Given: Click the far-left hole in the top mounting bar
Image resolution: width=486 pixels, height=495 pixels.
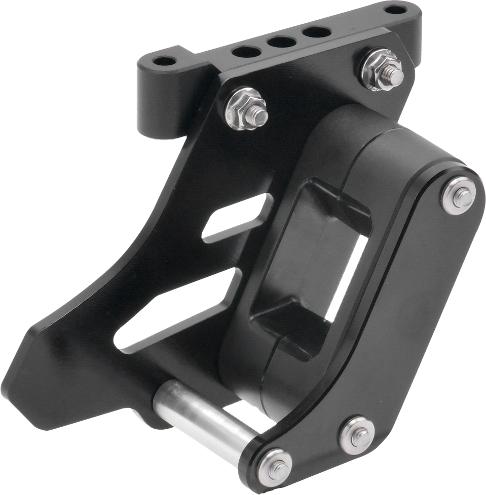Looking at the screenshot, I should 165,62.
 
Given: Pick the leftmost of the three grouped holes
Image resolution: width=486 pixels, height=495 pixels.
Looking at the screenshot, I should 246,52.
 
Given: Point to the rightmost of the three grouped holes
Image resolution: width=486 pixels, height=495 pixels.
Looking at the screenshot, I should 317,32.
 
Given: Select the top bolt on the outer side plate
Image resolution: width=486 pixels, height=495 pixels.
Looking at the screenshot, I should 458,195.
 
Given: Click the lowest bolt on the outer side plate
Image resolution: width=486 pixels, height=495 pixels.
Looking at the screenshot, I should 274,465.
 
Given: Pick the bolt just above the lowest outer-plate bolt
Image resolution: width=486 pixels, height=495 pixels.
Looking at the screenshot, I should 357,434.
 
